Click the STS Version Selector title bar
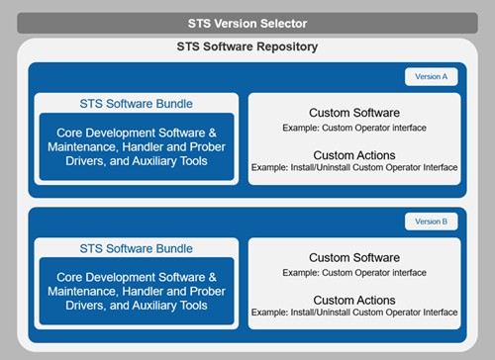pos(247,23)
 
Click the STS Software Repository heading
pos(247,47)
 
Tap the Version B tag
pos(431,222)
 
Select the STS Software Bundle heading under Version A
pos(137,103)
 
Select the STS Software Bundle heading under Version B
pos(137,247)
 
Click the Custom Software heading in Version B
pos(354,257)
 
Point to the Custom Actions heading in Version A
pos(354,155)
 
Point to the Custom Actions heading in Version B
pos(354,299)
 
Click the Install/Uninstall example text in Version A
pos(354,168)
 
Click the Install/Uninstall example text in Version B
pos(354,312)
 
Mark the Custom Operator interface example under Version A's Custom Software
pos(354,128)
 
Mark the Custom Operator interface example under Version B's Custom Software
pos(354,271)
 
